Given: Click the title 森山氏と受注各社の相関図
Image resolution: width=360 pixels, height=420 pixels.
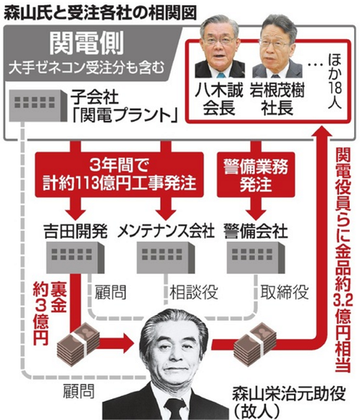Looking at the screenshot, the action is tap(100, 13).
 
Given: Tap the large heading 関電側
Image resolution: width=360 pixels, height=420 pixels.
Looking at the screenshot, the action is tap(86, 43).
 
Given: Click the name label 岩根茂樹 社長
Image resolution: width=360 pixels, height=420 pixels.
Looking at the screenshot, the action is tap(277, 99).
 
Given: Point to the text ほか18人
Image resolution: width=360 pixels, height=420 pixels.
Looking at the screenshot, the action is tap(335, 81).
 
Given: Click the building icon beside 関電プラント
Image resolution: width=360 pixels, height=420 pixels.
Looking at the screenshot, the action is tap(37, 105).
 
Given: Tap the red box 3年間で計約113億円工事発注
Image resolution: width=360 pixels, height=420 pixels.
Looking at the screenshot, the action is tap(119, 175).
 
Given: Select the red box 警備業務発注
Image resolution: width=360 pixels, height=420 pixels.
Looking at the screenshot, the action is tap(256, 175).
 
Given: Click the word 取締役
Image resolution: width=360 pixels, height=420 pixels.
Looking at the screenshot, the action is tap(284, 292).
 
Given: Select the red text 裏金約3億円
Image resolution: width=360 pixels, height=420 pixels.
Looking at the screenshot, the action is tap(49, 313).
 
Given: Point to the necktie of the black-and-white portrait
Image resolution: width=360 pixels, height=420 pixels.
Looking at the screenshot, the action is tap(175, 409).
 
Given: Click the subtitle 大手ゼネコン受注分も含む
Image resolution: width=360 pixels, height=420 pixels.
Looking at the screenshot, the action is tap(86, 68).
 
